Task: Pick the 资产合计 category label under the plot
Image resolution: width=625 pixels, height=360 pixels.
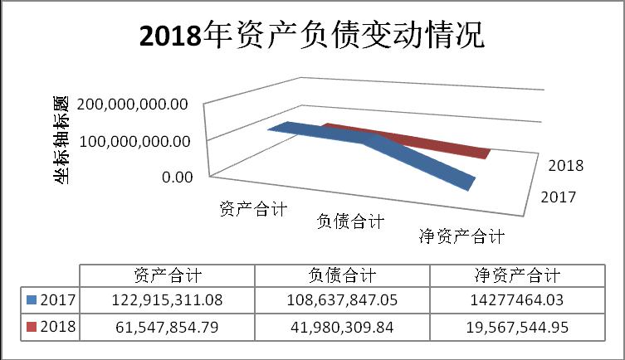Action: pos(253,209)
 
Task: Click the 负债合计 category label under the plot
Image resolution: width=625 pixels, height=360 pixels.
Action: pos(351,221)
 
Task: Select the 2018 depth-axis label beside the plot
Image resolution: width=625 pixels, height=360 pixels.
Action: pos(566,165)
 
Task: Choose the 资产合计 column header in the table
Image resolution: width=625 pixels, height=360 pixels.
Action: pos(167,275)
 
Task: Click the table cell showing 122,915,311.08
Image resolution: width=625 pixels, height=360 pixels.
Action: pos(167,300)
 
